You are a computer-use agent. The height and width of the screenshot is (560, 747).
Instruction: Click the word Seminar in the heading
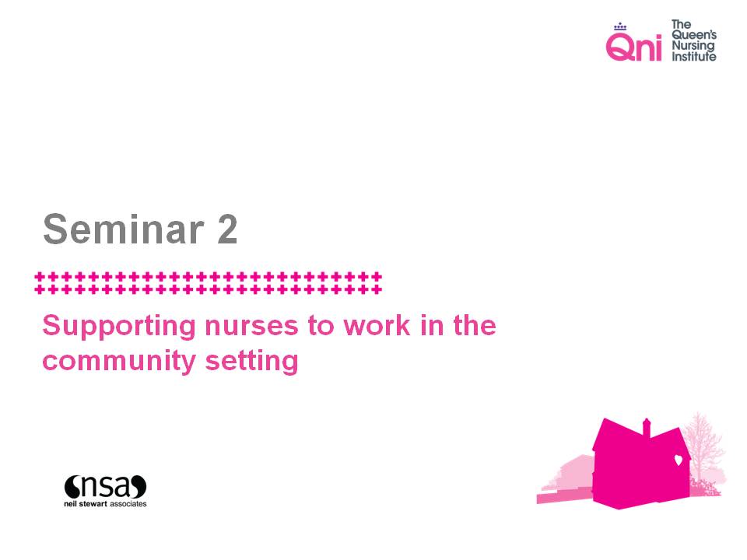[x=124, y=229]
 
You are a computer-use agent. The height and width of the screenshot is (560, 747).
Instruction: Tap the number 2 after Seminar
[x=227, y=229]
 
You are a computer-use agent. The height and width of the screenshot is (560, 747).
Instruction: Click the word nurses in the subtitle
[x=251, y=326]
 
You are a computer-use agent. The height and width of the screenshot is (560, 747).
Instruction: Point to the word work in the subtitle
[x=377, y=326]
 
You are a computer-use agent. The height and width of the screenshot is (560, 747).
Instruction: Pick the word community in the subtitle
[x=119, y=362]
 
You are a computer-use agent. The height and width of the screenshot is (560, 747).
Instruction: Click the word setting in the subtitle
[x=251, y=362]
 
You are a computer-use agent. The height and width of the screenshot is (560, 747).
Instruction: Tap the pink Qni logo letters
[x=633, y=47]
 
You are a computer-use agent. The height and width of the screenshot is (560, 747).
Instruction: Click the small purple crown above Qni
[x=620, y=26]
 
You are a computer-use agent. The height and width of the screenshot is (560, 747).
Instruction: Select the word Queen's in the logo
[x=694, y=35]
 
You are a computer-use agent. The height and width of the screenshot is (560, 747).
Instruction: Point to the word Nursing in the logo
[x=693, y=46]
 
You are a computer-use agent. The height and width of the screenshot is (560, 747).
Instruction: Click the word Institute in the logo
[x=693, y=57]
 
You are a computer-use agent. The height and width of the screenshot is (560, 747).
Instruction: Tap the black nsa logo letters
[x=105, y=487]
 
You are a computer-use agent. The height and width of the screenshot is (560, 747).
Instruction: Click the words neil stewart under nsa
[x=86, y=504]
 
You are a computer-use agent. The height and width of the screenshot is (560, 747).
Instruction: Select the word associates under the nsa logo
[x=128, y=504]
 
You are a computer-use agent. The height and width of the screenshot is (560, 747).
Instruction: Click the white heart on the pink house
[x=678, y=460]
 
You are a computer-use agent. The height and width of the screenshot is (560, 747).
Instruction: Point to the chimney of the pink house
[x=647, y=427]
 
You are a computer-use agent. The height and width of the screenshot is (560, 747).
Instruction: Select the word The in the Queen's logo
[x=682, y=24]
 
